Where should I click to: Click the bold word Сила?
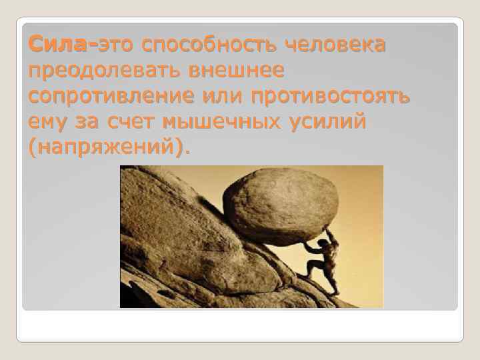click(59, 45)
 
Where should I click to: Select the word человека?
click(336, 45)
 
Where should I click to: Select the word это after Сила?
click(117, 45)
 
